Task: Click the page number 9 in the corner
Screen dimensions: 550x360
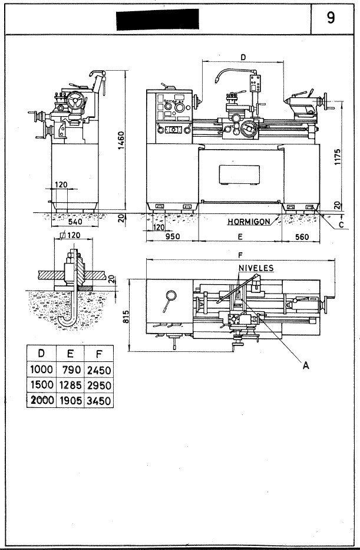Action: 331,18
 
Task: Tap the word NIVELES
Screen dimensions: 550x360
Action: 255,266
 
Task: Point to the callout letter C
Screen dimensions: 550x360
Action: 341,224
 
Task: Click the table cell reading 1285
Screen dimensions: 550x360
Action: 70,385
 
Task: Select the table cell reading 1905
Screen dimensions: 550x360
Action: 70,400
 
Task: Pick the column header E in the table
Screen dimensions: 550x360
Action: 70,354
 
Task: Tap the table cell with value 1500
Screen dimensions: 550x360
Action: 42,385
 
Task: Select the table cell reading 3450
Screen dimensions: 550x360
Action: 98,400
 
